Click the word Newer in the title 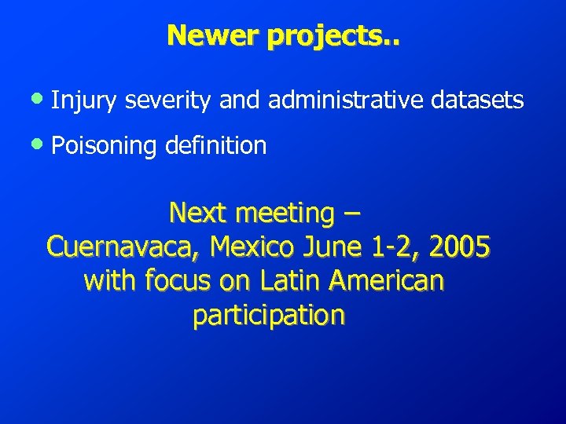click(204, 35)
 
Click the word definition click(216, 145)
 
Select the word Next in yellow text click(197, 212)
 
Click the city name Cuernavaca click(125, 247)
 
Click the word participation click(268, 316)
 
